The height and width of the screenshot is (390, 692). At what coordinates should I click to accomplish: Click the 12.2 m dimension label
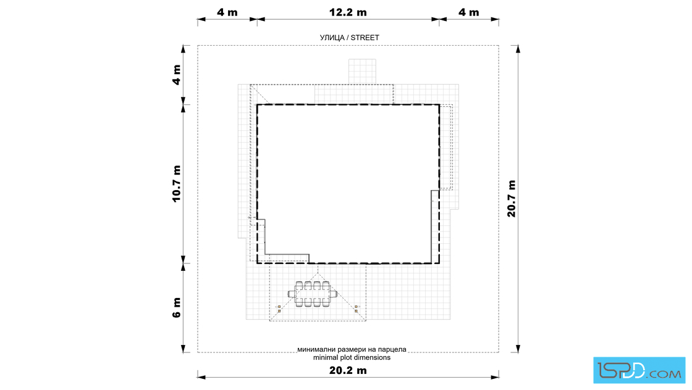(348, 12)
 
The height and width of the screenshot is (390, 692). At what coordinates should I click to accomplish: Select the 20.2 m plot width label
(348, 370)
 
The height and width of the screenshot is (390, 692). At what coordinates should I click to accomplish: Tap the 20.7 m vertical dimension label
(511, 198)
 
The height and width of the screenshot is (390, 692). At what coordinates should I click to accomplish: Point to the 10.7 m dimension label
(177, 183)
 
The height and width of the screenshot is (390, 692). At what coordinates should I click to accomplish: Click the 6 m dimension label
(177, 307)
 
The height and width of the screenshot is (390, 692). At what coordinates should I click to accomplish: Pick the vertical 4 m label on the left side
(177, 75)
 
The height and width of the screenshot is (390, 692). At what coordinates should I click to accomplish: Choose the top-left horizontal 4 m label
(227, 12)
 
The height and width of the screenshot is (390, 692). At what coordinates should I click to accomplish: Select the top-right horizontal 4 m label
(469, 12)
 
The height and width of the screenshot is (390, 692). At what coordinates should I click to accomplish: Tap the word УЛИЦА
(332, 38)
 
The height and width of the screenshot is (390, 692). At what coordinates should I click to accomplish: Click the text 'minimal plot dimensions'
(352, 357)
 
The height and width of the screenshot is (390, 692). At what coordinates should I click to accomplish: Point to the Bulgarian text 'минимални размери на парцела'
(352, 349)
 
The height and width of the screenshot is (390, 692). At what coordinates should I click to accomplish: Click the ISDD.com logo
(639, 370)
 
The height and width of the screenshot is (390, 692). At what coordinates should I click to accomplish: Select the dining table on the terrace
(313, 294)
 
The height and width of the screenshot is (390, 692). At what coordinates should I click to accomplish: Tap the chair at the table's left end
(292, 294)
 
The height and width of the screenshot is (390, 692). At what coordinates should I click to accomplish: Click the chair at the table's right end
(333, 294)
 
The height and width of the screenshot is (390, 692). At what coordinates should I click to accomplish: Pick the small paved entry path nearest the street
(362, 72)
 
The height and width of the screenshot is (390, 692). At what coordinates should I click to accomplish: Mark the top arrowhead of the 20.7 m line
(518, 49)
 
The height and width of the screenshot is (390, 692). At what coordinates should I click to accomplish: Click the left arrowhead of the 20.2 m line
(201, 377)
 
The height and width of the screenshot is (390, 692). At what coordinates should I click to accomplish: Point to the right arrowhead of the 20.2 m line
(495, 377)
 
